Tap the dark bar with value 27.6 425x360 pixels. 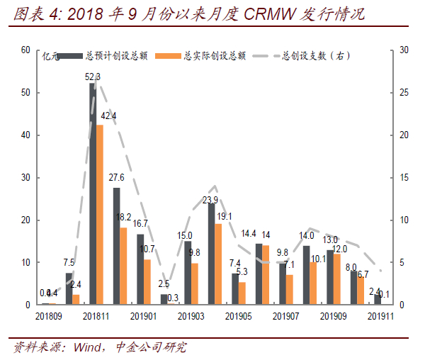(x=116, y=246)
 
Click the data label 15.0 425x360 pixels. (x=186, y=235)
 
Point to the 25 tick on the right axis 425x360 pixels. (x=402, y=93)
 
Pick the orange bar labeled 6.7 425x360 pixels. (x=361, y=291)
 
